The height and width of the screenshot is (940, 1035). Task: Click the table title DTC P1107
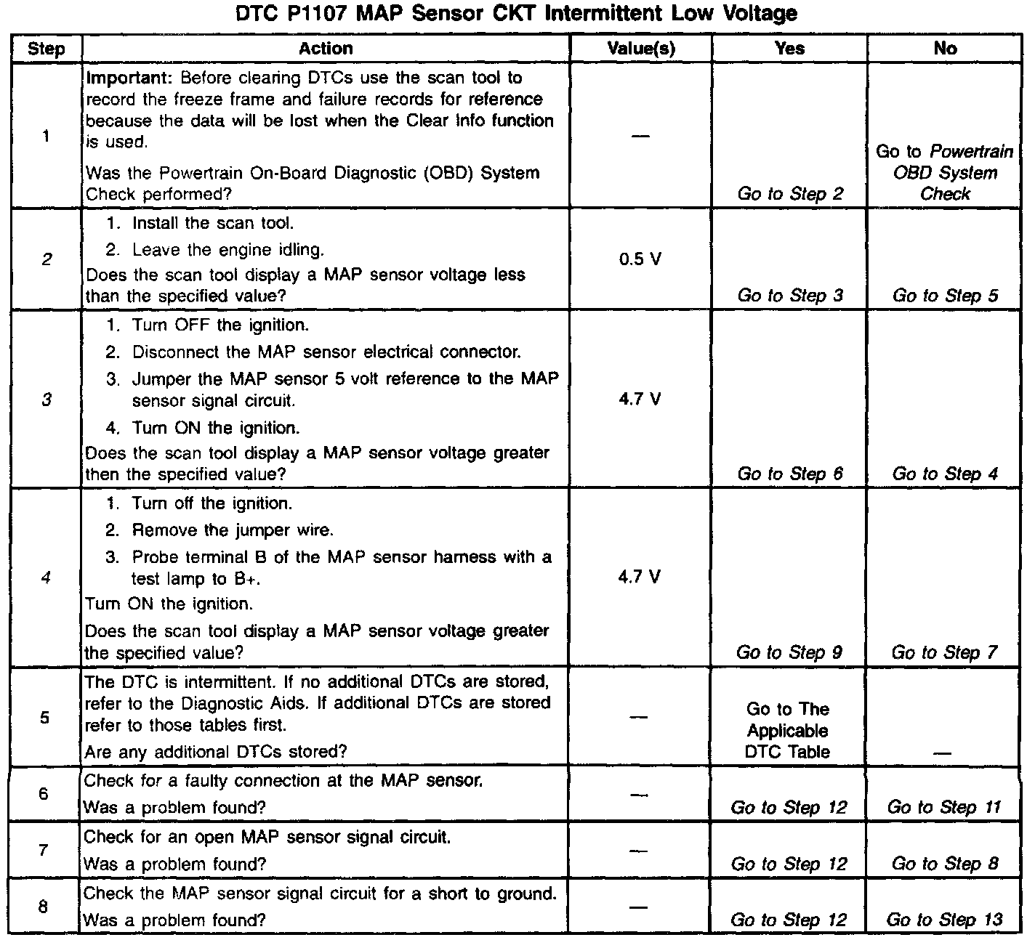517,13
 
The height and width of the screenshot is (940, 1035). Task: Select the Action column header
326,49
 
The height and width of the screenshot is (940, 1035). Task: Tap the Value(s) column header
640,49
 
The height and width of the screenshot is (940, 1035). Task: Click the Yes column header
789,49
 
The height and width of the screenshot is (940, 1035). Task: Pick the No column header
945,49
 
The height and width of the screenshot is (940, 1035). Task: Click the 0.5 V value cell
640,259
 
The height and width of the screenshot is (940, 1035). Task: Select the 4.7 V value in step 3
640,399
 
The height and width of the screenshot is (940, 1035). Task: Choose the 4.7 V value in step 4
640,577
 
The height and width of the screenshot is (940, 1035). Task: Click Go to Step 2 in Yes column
790,194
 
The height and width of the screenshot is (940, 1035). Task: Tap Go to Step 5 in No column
945,296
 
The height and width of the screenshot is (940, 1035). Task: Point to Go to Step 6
790,474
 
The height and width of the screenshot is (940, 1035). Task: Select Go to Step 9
789,652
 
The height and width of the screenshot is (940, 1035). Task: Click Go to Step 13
944,920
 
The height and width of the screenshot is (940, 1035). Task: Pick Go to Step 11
944,807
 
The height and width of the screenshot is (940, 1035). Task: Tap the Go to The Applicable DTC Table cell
788,730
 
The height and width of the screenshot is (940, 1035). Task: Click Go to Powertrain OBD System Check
945,173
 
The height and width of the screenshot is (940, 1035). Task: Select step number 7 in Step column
44,849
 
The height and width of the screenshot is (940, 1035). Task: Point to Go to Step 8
945,864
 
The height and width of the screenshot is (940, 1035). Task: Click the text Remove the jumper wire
233,530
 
